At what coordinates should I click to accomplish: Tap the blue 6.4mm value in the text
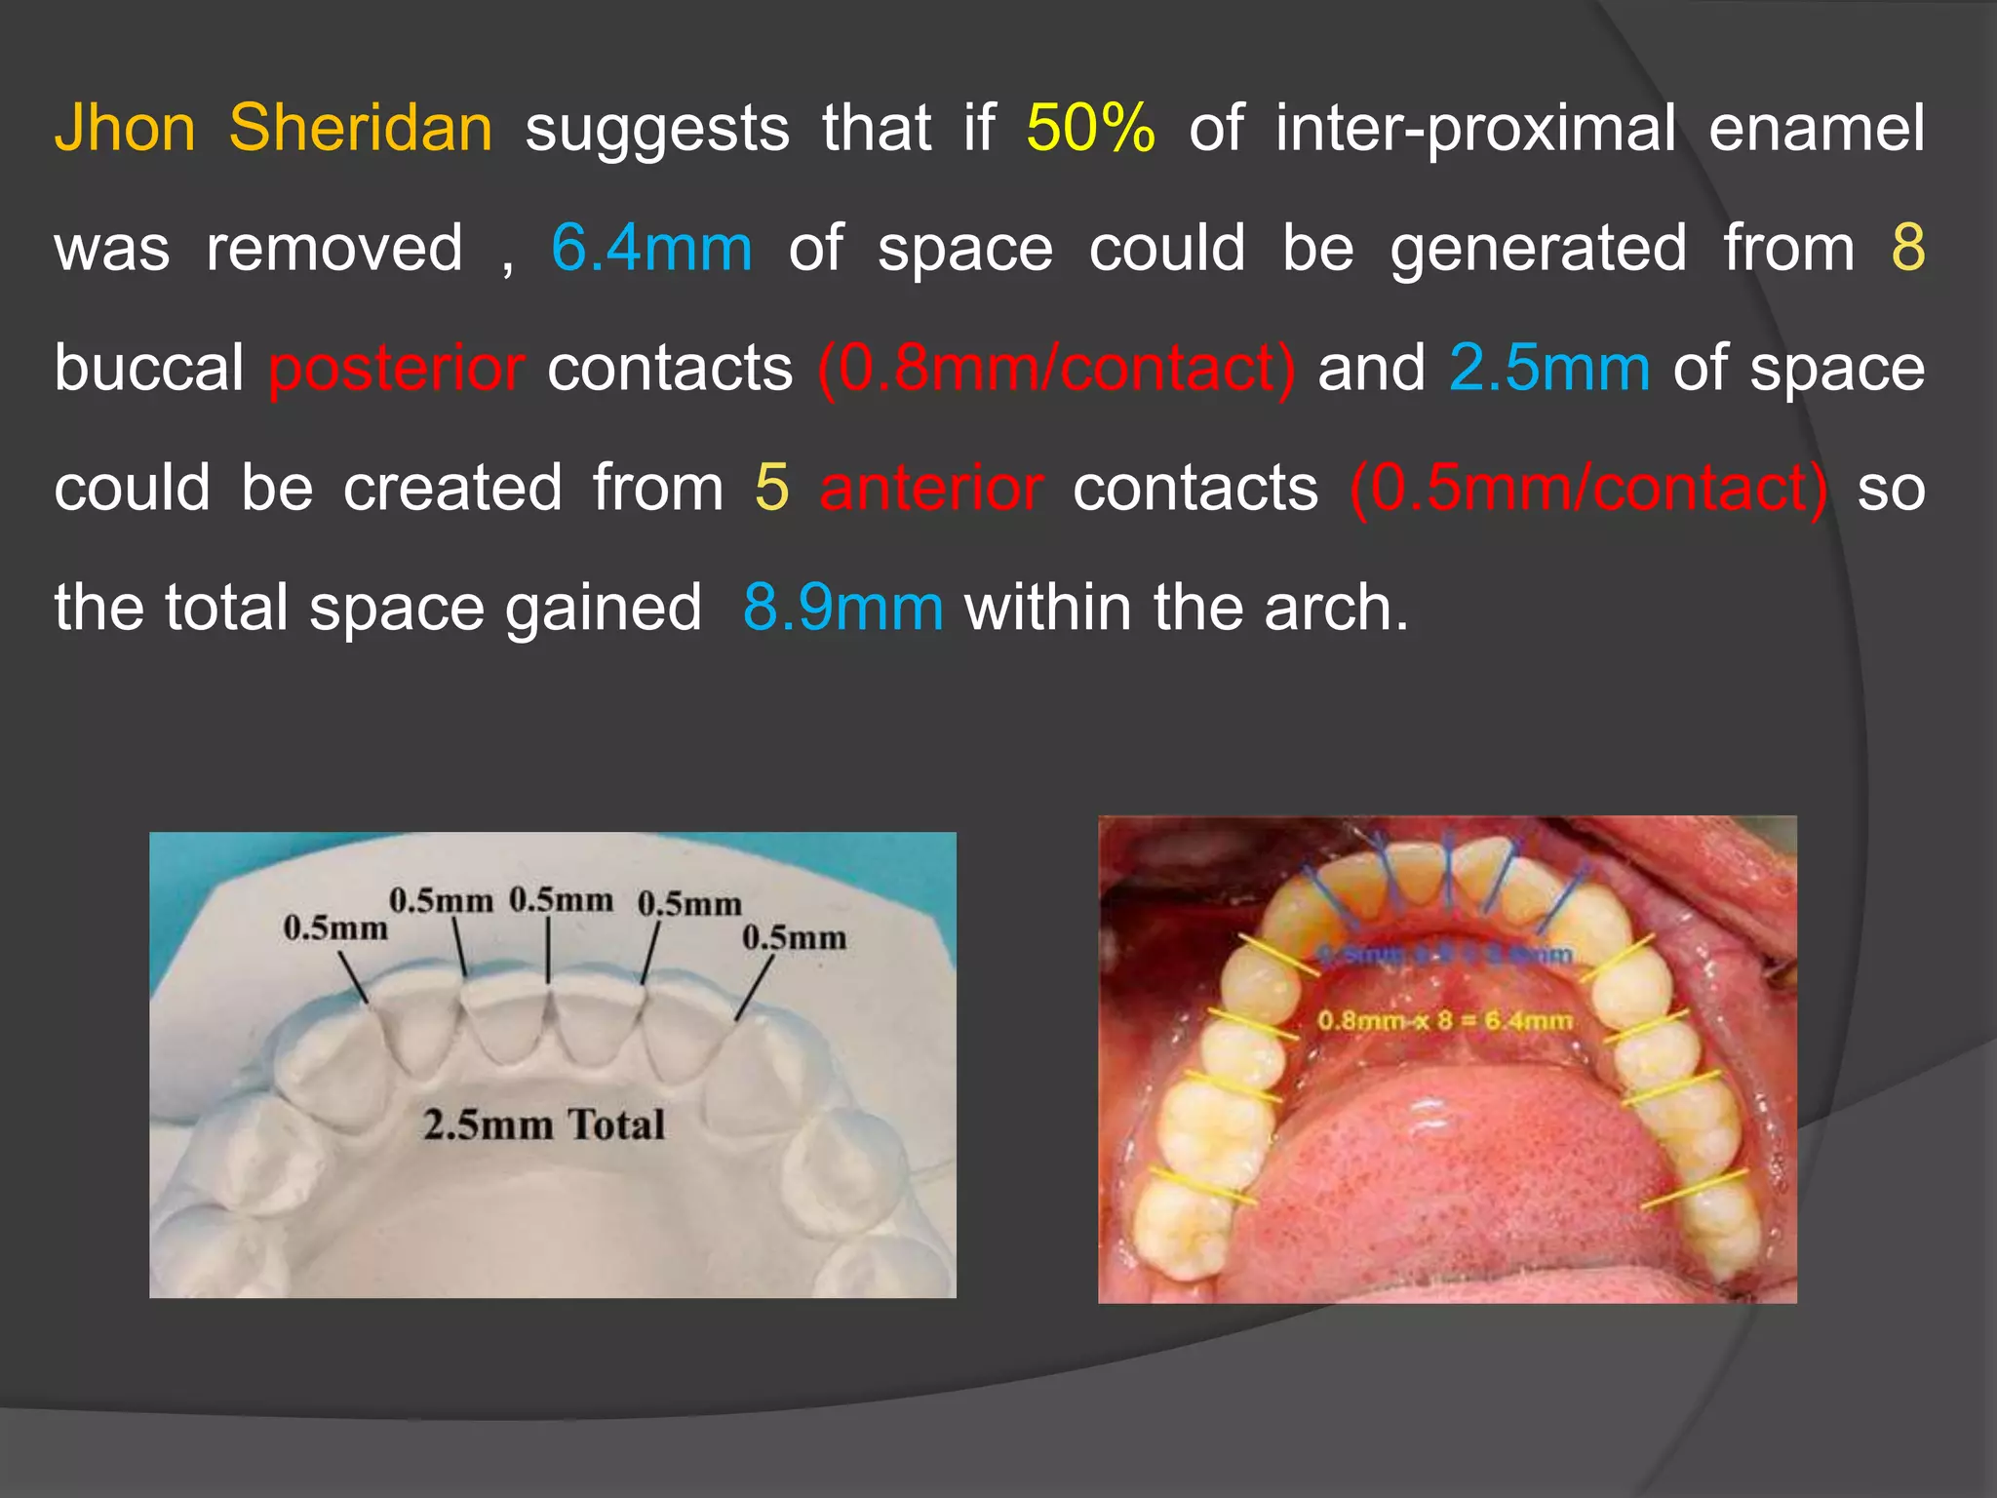(x=651, y=248)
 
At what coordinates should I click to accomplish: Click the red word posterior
(x=397, y=369)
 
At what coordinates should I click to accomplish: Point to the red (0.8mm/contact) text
(x=1057, y=369)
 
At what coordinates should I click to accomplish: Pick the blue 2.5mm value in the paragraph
(x=1549, y=369)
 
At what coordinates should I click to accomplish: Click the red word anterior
(x=931, y=488)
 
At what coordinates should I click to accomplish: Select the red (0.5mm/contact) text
(x=1589, y=488)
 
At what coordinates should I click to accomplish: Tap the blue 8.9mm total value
(x=842, y=608)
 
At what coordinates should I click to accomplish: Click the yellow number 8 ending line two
(x=1908, y=248)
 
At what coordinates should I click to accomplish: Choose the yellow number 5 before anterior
(x=771, y=488)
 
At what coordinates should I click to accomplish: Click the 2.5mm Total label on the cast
(x=543, y=1124)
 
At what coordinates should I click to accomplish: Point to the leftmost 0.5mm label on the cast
(x=334, y=927)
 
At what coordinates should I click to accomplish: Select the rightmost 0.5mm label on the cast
(x=794, y=938)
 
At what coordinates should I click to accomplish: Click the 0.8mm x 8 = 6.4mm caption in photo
(x=1444, y=1021)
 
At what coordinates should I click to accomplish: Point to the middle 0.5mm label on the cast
(x=561, y=899)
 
